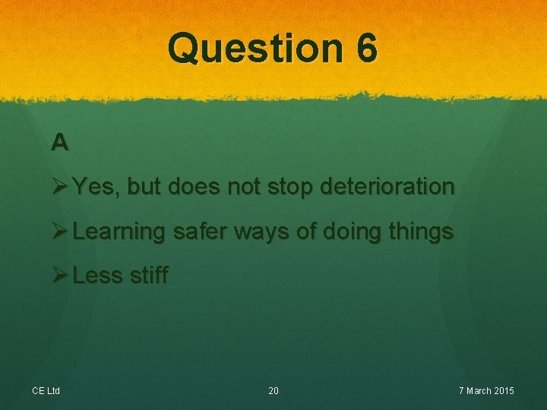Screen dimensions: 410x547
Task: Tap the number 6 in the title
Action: pyautogui.click(x=365, y=49)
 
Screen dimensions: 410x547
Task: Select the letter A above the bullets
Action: pyautogui.click(x=60, y=141)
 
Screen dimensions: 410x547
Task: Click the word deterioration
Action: pyautogui.click(x=387, y=187)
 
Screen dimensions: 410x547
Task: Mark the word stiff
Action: pyautogui.click(x=147, y=275)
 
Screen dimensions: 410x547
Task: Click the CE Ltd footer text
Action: pyautogui.click(x=46, y=391)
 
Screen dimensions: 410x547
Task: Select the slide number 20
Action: pyautogui.click(x=273, y=391)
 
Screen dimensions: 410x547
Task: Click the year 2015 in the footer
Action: pyautogui.click(x=504, y=391)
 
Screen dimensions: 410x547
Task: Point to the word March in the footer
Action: pyautogui.click(x=478, y=391)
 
